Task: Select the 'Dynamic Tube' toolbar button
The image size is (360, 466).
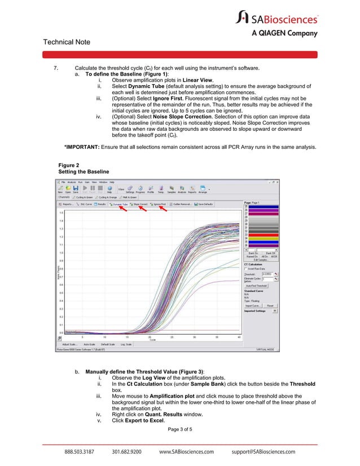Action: pos(119,204)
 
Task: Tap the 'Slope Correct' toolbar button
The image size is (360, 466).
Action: pos(139,204)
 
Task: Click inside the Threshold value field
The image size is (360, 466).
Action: pos(262,274)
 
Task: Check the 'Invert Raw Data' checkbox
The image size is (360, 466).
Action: pos(246,269)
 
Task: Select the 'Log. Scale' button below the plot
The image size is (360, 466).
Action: pos(125,344)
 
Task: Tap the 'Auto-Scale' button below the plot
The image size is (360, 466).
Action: pos(90,344)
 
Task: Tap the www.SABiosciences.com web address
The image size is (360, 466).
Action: pos(187,452)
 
